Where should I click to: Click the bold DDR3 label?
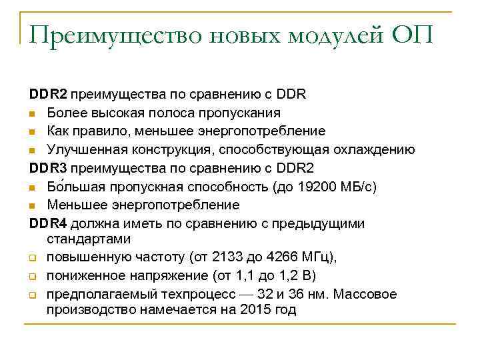(x=49, y=167)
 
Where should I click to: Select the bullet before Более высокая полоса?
(x=33, y=113)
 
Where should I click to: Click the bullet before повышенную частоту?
(x=33, y=257)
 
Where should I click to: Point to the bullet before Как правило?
(x=33, y=131)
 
